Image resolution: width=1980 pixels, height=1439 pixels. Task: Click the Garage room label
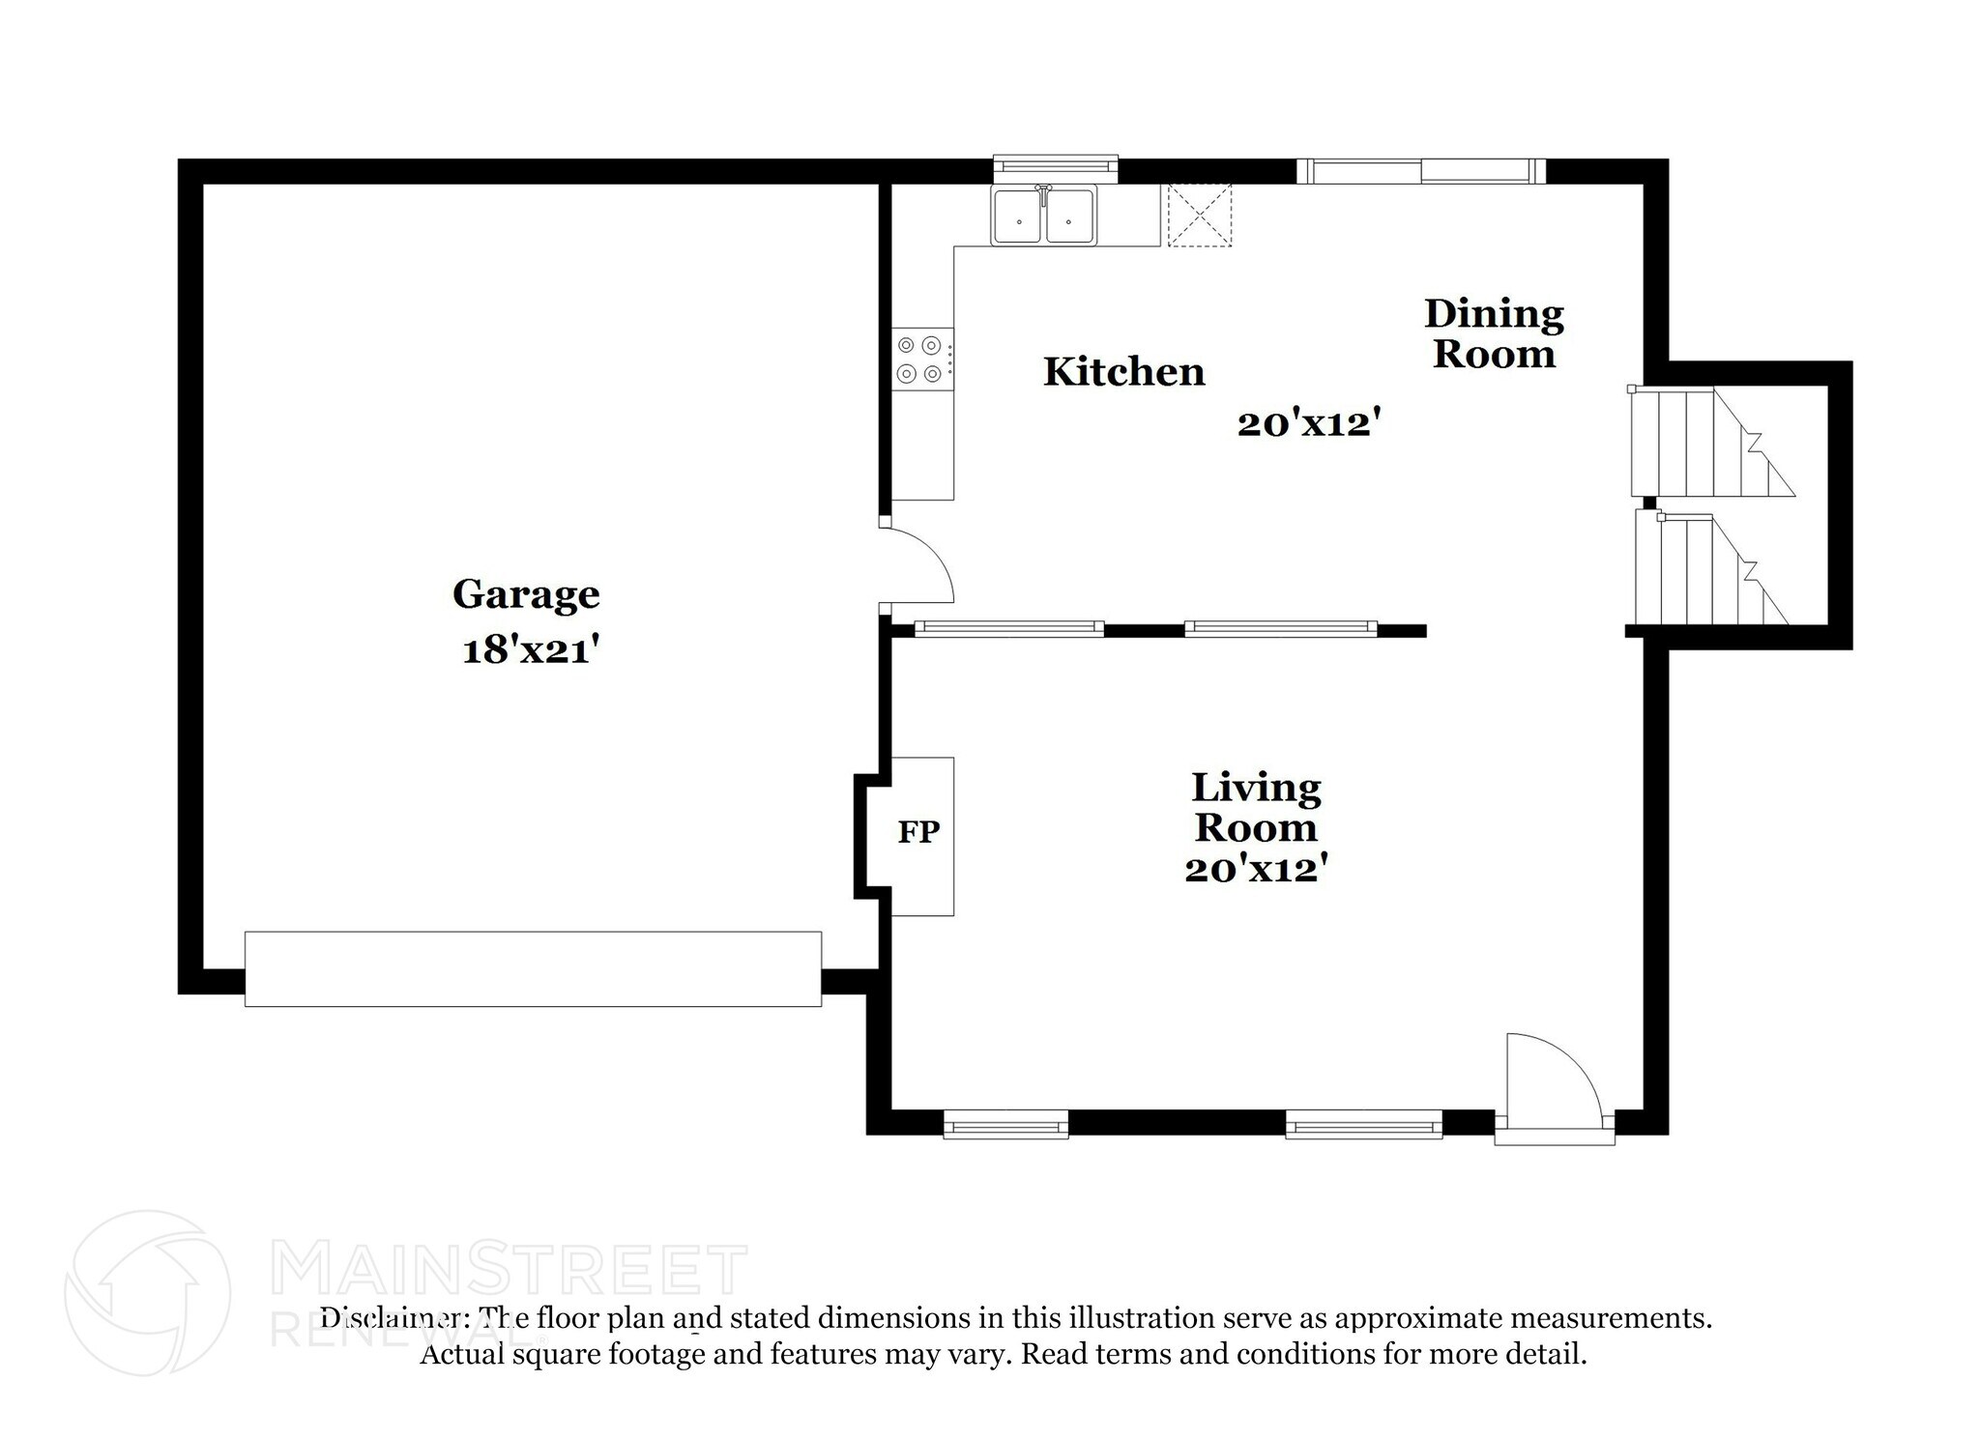pos(526,594)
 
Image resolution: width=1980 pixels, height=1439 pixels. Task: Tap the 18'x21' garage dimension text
pos(526,650)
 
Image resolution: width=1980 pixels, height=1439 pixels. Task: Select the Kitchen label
pos(1123,372)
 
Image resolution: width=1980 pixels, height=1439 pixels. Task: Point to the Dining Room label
pos(1494,333)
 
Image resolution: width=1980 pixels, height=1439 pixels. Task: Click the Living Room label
pos(1255,808)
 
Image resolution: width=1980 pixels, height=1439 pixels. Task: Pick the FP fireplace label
pos(918,832)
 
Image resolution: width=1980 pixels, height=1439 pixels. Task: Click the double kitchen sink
pos(1043,216)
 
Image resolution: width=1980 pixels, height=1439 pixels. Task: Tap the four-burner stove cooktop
pos(918,359)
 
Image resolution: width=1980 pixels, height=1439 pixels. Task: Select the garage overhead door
pos(533,968)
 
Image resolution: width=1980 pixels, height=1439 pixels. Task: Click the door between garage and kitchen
pos(918,565)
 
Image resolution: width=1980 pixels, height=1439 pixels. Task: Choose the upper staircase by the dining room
pos(1706,443)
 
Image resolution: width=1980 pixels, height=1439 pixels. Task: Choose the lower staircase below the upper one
pos(1706,570)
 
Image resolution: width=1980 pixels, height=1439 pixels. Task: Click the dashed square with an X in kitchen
pos(1200,216)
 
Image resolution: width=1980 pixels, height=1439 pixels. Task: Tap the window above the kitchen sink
pos(1056,168)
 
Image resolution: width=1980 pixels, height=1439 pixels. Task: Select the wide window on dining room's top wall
pos(1420,171)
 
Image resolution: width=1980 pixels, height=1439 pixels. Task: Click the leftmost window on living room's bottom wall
pos(1005,1123)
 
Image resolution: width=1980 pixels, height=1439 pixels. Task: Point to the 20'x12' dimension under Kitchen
pos(1307,423)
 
